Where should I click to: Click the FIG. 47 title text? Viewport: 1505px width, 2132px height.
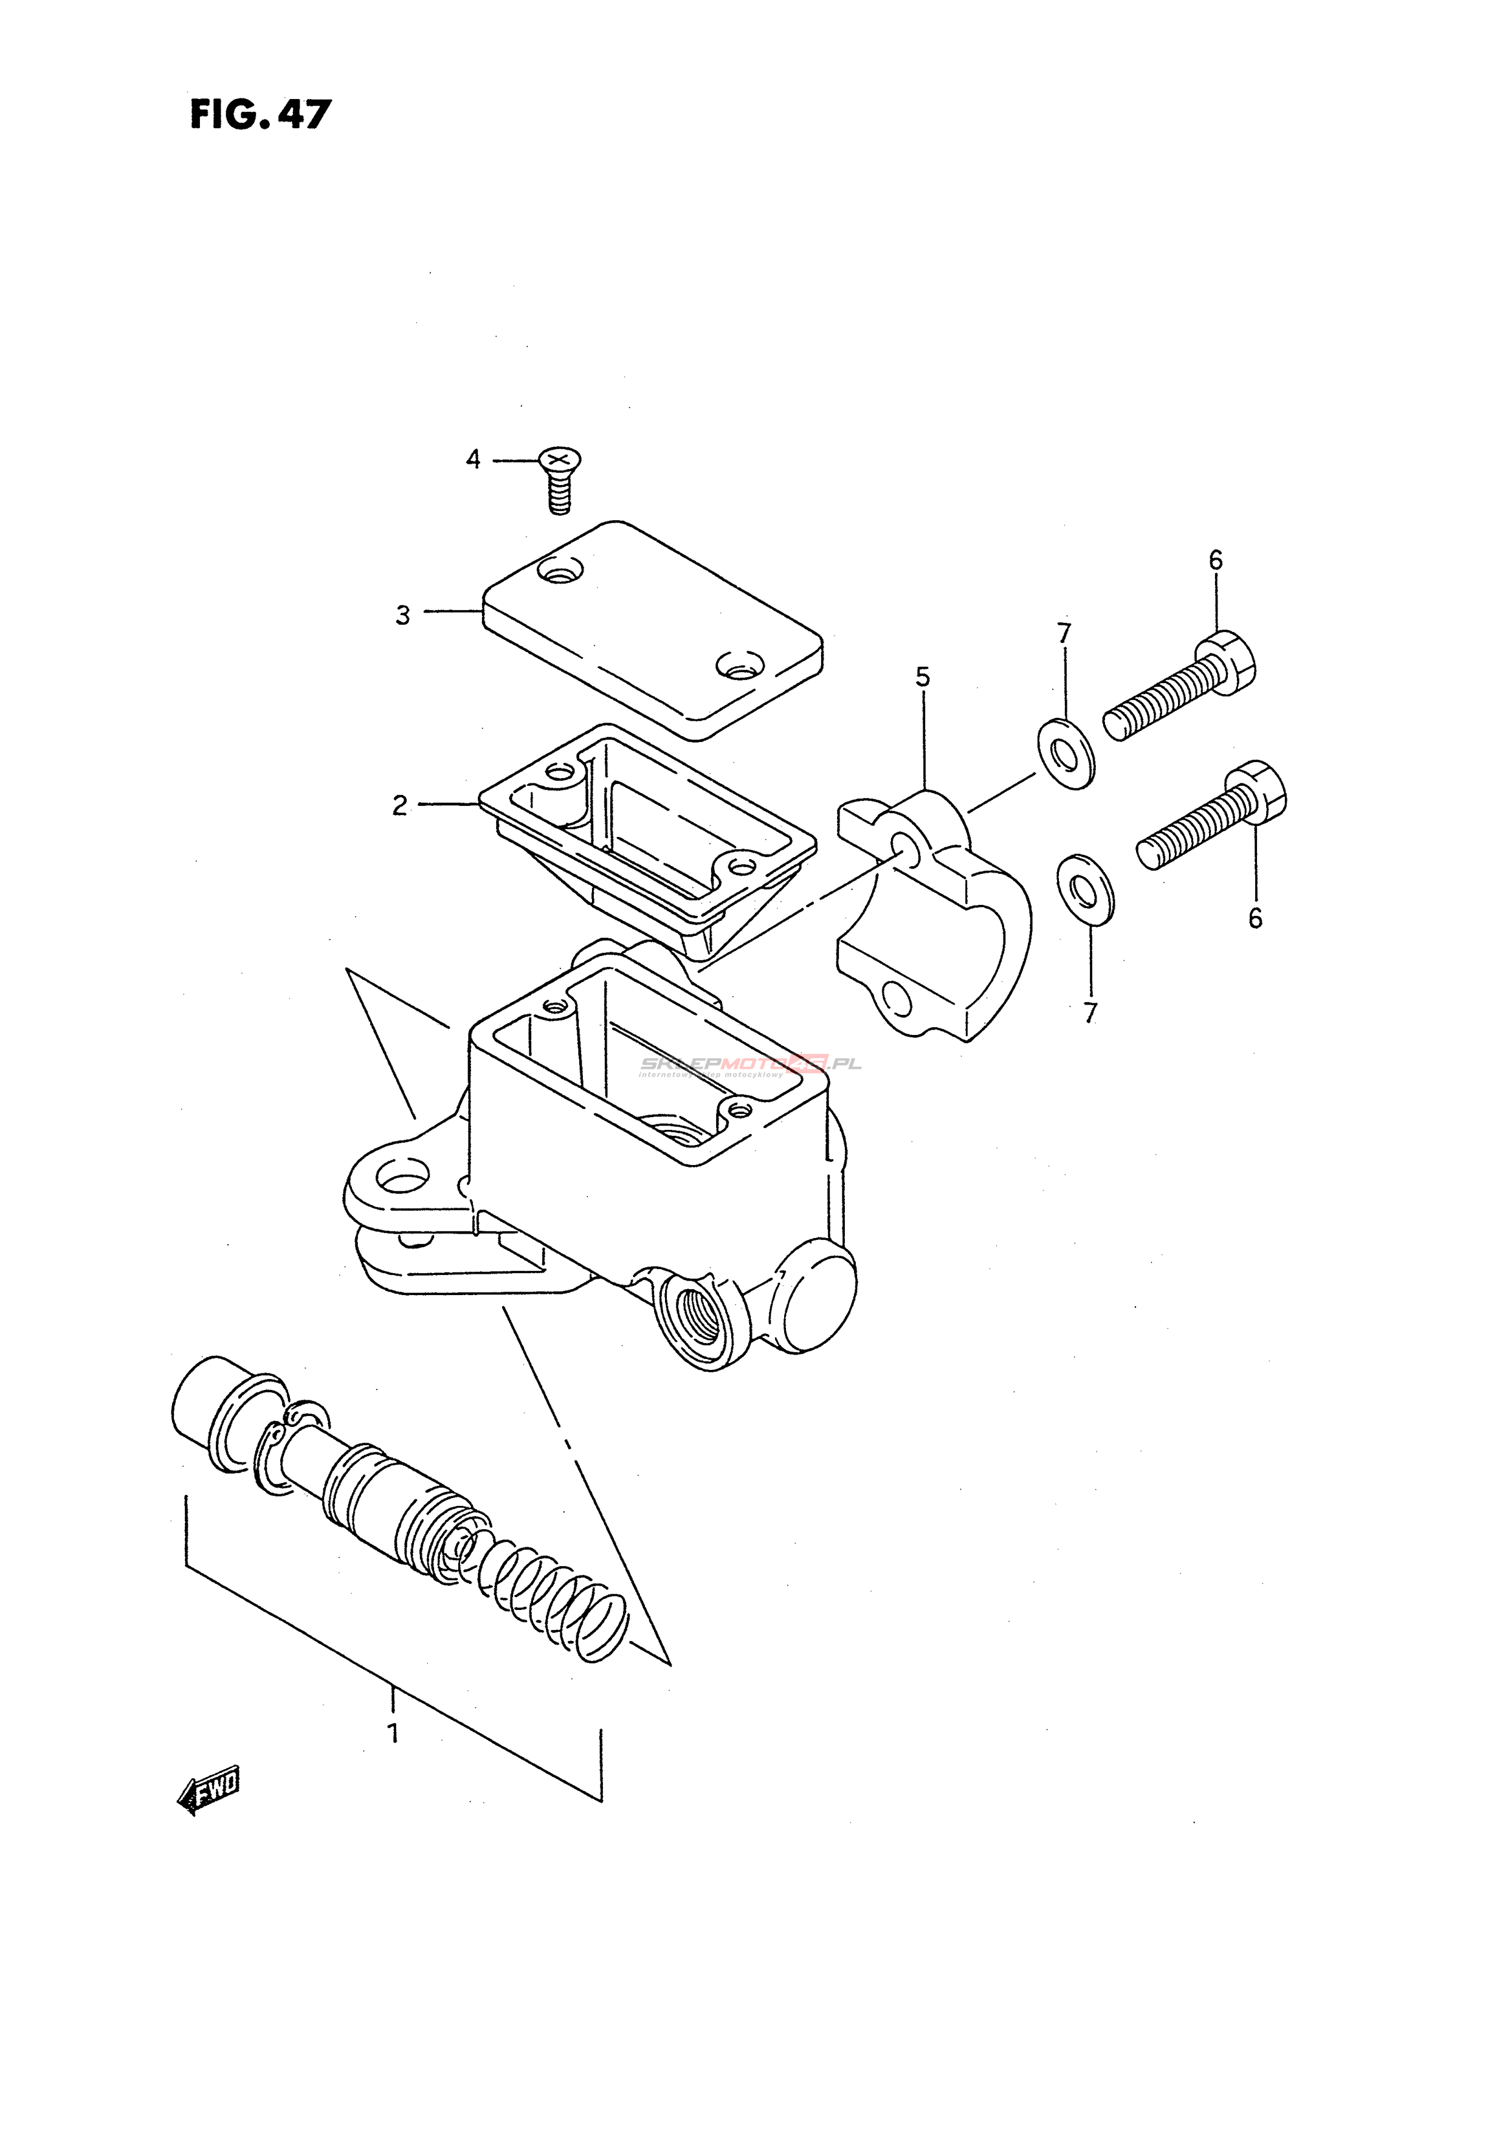[x=260, y=114]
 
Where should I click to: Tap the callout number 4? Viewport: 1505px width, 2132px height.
[x=474, y=459]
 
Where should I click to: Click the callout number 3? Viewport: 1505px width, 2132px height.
[x=402, y=616]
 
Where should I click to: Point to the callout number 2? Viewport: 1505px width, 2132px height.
[x=399, y=806]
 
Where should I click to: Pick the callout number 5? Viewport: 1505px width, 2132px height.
[x=922, y=677]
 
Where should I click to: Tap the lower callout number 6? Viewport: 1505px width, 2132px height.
[x=1255, y=918]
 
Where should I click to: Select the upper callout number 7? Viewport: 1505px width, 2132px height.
[x=1064, y=633]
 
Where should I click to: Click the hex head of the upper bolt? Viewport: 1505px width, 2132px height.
[x=1232, y=662]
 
